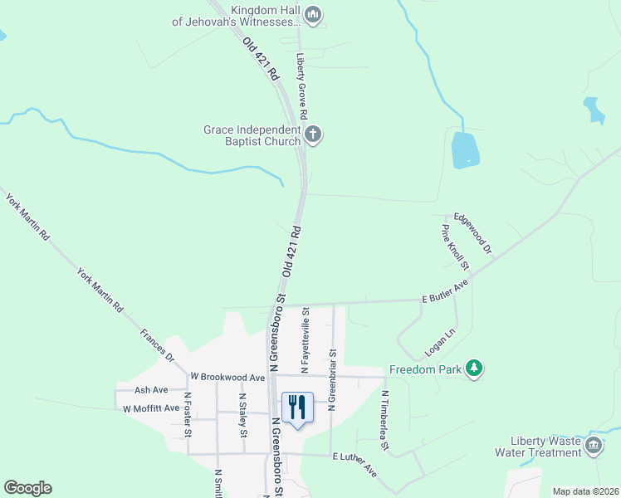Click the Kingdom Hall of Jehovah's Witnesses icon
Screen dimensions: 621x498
pyautogui.click(x=313, y=14)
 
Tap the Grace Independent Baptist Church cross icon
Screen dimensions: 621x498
pyautogui.click(x=313, y=134)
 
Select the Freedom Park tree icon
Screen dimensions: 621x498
pyautogui.click(x=473, y=368)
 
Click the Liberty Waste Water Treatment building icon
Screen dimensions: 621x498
pyautogui.click(x=594, y=446)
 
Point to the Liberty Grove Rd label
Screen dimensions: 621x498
pyautogui.click(x=302, y=88)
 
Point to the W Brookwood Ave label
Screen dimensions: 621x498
pyautogui.click(x=227, y=377)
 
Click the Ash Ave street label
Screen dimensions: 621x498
pyautogui.click(x=151, y=390)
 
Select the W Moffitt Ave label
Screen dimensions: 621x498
pyautogui.click(x=151, y=408)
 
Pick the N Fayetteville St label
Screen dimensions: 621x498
pyautogui.click(x=306, y=339)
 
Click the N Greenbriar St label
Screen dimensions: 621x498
pyautogui.click(x=331, y=378)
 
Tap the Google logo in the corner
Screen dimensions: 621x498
pyautogui.click(x=27, y=488)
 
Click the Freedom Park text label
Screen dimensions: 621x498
pyautogui.click(x=425, y=369)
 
